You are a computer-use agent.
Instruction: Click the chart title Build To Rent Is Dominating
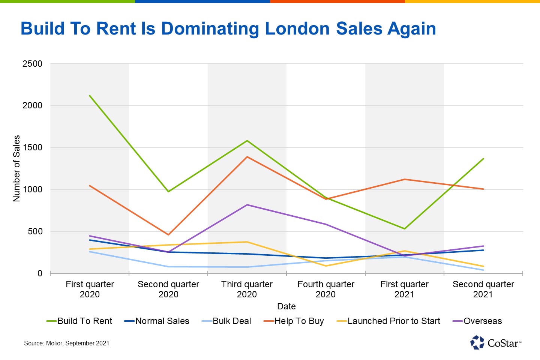point(228,29)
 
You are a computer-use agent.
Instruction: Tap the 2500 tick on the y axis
point(33,64)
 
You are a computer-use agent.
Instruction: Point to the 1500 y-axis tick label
point(33,148)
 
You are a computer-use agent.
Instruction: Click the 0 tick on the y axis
point(40,274)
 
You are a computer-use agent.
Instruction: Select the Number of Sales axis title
point(16,168)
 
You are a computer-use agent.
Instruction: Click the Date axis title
point(286,306)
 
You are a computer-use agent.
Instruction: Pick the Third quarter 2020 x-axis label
point(247,289)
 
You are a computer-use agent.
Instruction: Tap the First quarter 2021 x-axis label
point(404,289)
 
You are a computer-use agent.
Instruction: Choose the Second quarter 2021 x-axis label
point(483,289)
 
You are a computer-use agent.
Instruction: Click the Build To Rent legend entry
point(79,321)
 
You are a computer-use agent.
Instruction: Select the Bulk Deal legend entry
point(226,321)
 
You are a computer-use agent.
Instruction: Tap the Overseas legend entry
point(477,321)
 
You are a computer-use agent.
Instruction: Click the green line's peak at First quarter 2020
point(90,96)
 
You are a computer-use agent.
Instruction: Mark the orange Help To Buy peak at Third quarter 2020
point(247,157)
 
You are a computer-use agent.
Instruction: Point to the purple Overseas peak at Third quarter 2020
point(247,205)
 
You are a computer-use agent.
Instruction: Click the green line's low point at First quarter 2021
point(405,229)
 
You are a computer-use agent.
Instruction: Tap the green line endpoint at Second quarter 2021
point(483,159)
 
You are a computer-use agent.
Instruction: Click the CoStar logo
point(495,342)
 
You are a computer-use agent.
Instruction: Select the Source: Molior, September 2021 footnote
point(67,343)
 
